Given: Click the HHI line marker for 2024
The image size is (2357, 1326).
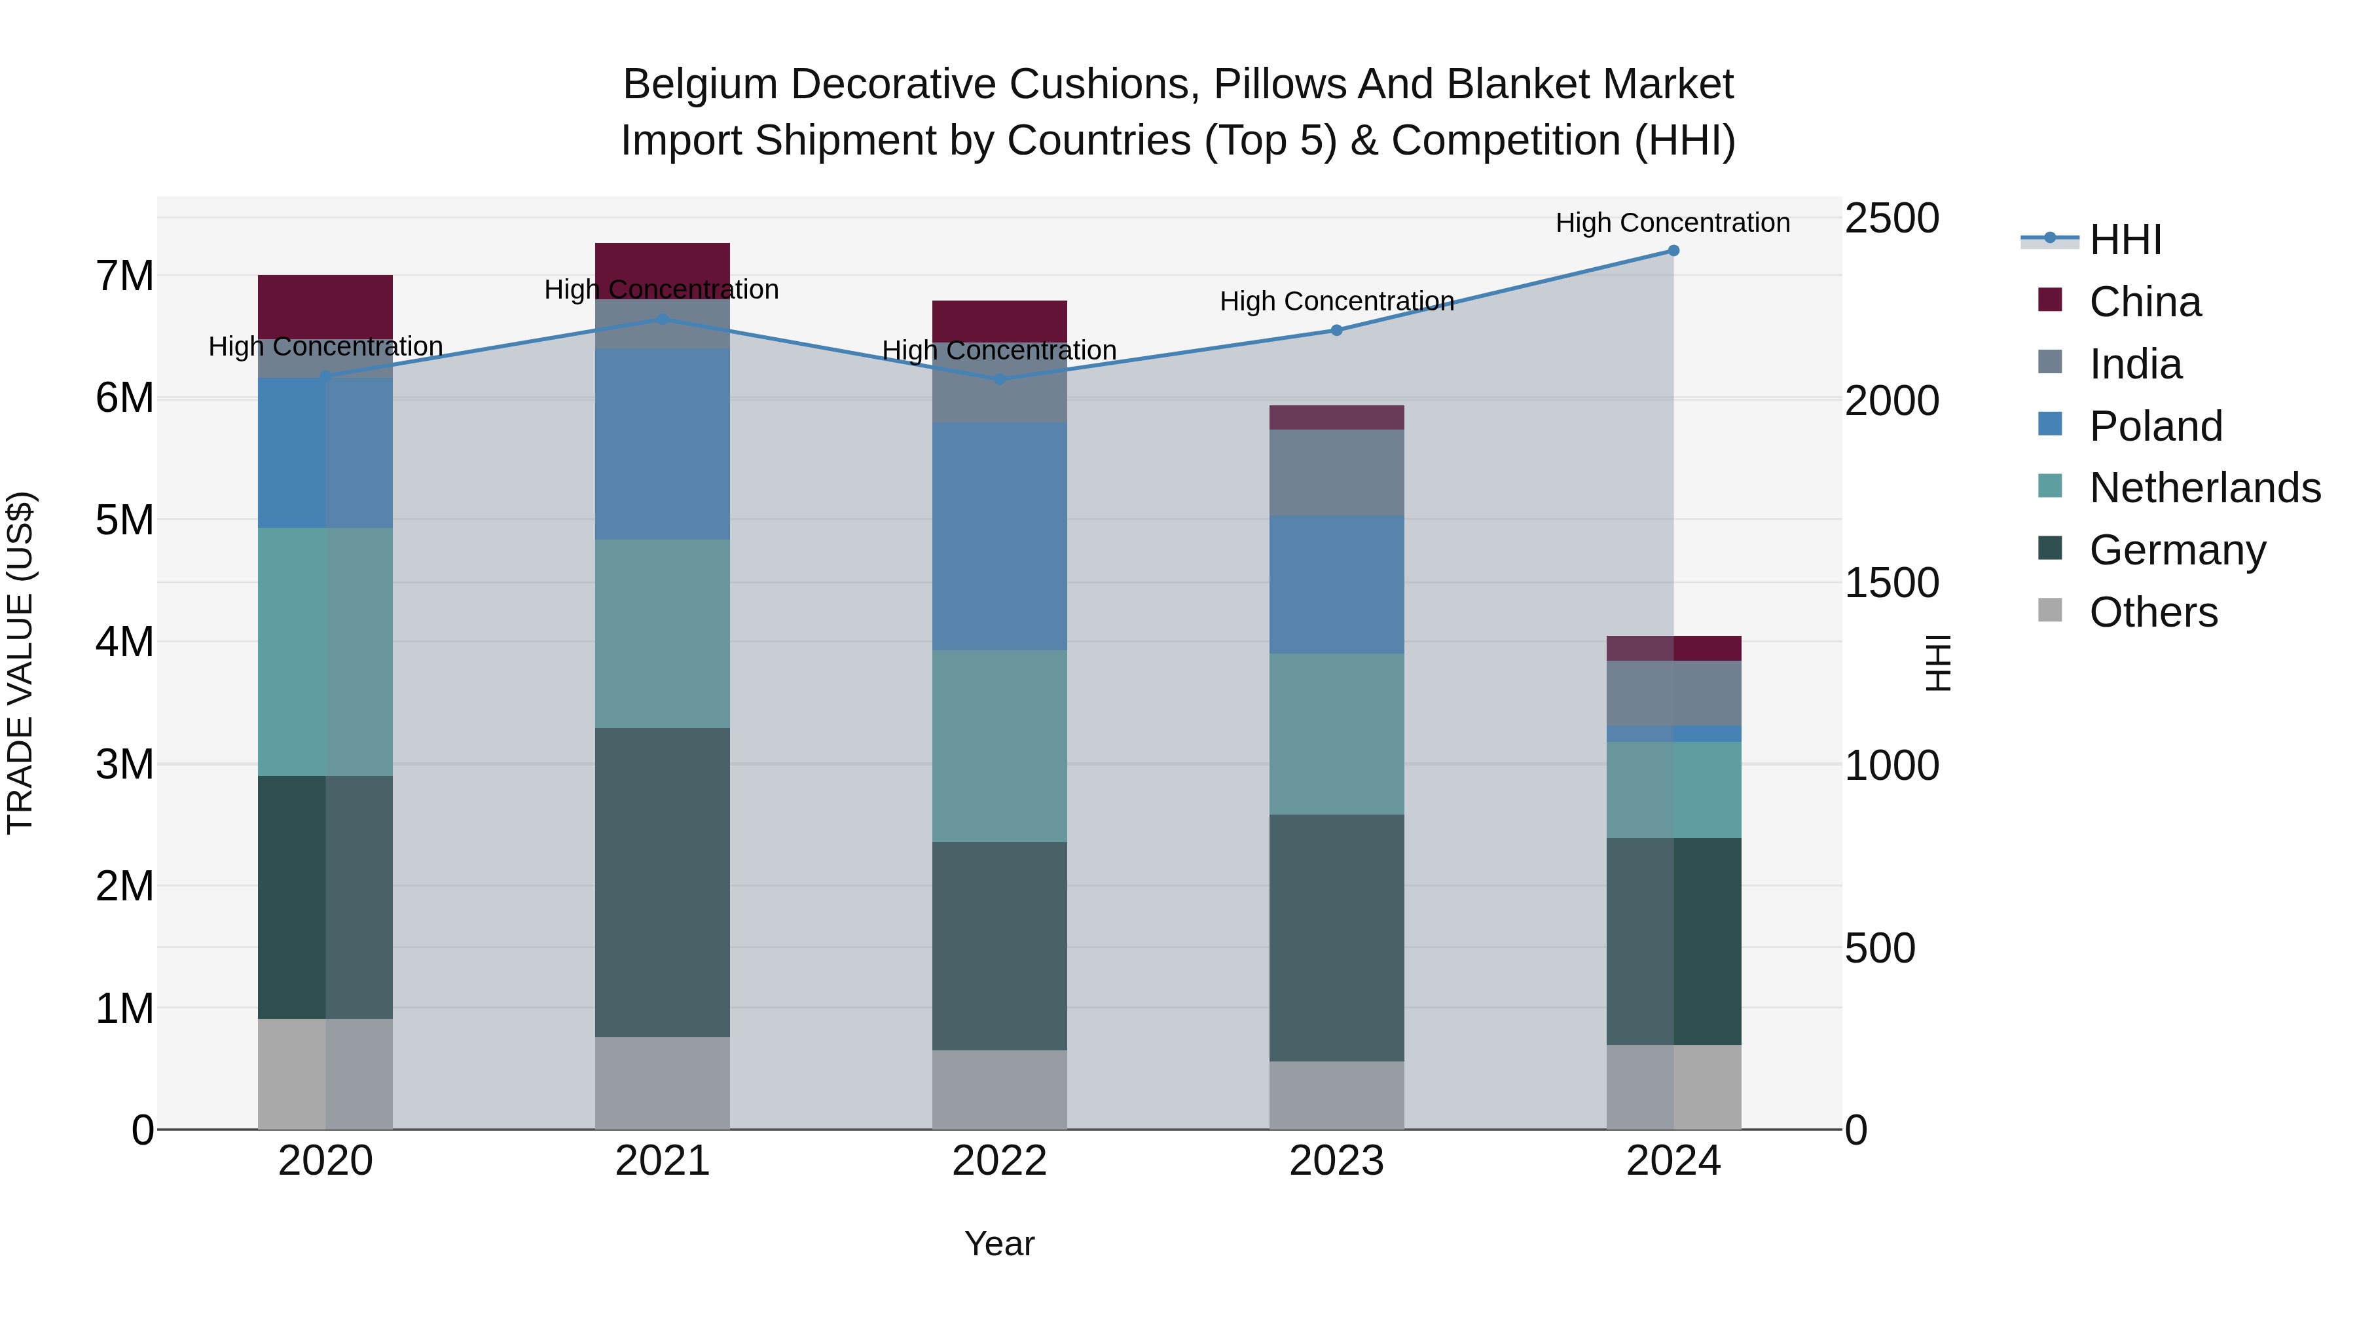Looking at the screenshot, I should click(1673, 251).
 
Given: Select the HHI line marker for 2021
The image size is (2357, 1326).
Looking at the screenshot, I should click(663, 320).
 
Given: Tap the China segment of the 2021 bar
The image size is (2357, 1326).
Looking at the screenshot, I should click(663, 265).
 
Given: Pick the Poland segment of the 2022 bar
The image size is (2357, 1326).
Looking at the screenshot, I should click(999, 536).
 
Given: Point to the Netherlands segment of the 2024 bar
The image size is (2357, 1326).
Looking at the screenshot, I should click(1673, 790).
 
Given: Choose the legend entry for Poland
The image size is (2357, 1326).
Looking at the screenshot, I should click(2155, 426).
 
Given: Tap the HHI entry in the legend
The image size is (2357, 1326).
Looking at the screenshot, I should click(2125, 240).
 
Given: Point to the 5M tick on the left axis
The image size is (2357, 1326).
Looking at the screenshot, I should click(124, 520).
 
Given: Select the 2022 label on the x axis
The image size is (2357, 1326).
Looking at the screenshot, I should click(999, 1161).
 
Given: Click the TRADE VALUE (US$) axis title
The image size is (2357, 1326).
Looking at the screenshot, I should click(20, 663).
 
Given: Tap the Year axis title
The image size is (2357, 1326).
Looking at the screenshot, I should click(999, 1243).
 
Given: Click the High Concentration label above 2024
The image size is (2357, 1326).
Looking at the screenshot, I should click(1673, 223).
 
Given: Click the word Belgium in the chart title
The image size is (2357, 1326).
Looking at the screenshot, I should click(699, 84).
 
